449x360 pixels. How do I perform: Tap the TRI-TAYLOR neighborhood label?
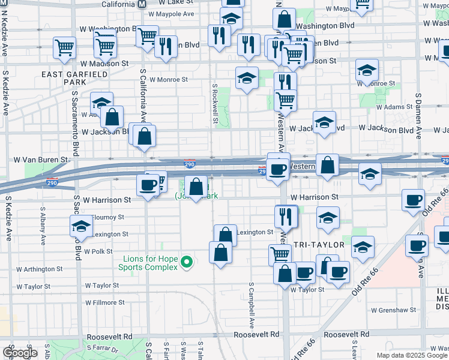click(319, 245)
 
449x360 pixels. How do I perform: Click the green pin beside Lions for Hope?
click(187, 262)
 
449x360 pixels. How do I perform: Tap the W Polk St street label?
click(98, 252)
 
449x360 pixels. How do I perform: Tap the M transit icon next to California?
click(142, 4)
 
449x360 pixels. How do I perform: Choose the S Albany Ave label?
click(43, 227)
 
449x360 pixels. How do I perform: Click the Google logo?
click(20, 353)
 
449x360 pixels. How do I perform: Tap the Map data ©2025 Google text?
click(411, 355)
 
